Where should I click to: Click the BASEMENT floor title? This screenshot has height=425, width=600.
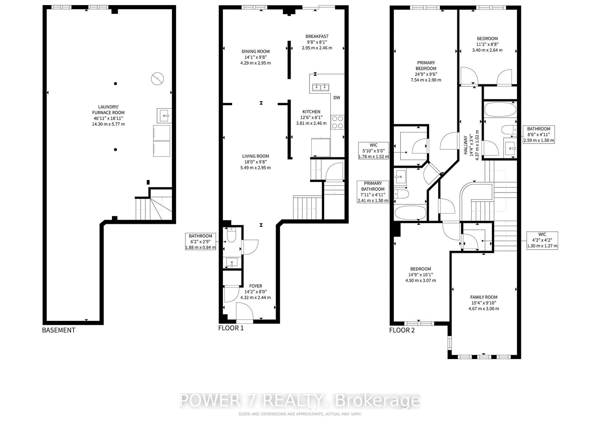[59, 330]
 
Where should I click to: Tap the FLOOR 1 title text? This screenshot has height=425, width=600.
[231, 328]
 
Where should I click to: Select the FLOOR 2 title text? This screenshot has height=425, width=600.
[402, 330]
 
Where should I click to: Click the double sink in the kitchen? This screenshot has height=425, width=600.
[321, 87]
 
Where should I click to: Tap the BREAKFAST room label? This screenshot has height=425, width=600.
[317, 36]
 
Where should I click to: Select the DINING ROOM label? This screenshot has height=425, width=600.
[255, 51]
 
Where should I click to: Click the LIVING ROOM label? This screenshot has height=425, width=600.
[255, 156]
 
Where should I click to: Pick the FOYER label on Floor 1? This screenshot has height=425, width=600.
[255, 286]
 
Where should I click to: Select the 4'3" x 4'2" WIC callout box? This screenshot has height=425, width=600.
[542, 240]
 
